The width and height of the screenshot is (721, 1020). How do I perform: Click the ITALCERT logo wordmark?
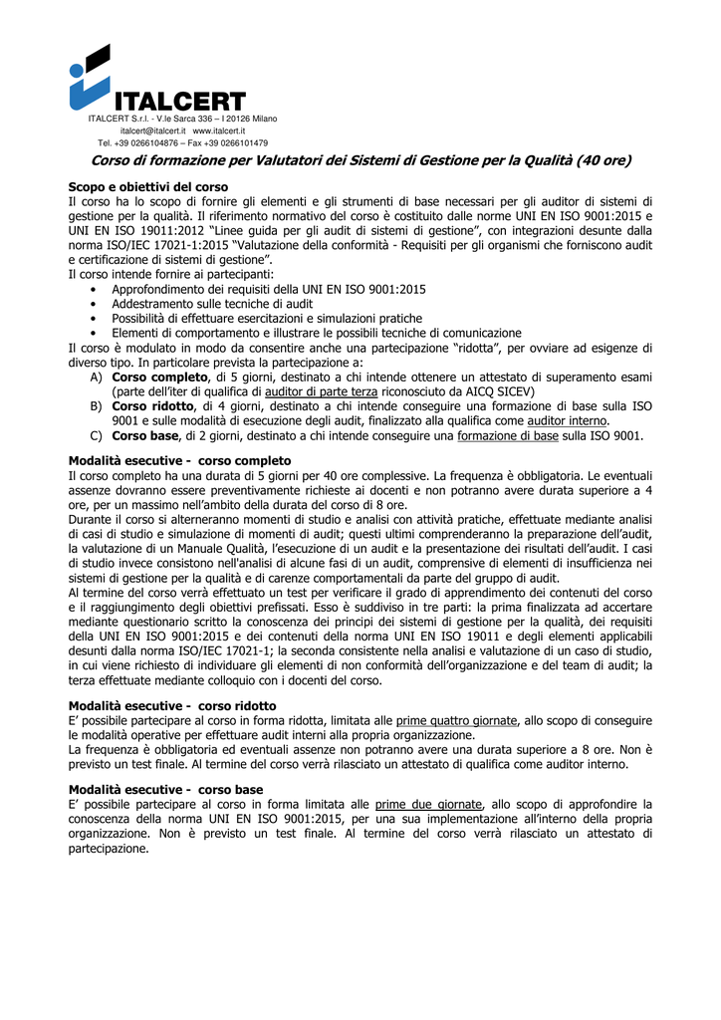179,102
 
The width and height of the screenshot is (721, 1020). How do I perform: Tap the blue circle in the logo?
77,70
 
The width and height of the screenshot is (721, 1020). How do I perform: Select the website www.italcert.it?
219,130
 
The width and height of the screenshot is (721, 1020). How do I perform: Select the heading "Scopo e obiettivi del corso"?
148,186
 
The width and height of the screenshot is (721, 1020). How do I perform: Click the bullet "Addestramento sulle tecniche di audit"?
212,303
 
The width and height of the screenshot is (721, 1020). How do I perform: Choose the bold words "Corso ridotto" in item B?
153,406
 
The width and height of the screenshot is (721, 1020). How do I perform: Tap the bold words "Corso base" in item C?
144,435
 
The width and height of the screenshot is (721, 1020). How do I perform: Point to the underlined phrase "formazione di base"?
507,435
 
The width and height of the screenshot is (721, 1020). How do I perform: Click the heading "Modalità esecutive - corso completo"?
179,460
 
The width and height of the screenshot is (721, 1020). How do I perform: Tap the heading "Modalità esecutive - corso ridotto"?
172,705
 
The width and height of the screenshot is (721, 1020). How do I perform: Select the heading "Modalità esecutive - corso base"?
165,788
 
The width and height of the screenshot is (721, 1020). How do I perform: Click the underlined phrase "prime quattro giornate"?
456,720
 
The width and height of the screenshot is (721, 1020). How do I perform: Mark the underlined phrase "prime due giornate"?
428,803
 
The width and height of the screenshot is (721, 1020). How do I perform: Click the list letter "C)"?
96,435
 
